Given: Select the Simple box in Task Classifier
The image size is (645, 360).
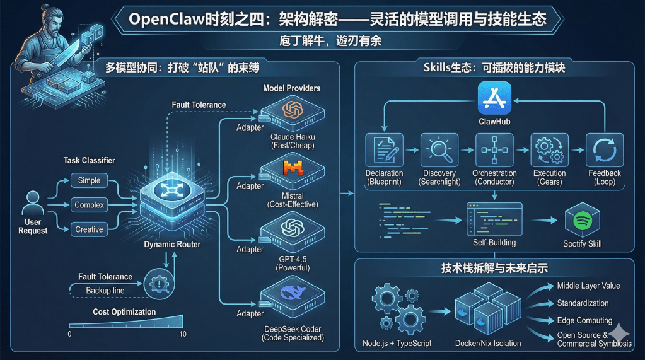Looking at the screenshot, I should [89, 180].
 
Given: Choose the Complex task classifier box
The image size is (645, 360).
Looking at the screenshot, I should [89, 205].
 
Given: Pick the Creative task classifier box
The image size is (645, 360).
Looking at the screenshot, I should [89, 229].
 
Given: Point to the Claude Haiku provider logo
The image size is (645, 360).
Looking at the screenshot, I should [293, 110].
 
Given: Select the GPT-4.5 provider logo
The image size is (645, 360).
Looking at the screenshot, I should [293, 227].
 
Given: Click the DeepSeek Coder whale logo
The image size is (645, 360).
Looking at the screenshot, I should [293, 291].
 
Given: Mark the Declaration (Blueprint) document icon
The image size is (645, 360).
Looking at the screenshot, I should [384, 150].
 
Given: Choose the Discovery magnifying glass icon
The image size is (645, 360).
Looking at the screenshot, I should [439, 150].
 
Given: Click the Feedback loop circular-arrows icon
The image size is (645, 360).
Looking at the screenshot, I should [604, 150].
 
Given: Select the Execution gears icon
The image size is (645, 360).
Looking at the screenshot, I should [549, 150].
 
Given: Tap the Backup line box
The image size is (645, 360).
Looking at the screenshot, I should [105, 290].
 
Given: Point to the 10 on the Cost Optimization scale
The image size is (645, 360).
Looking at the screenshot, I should [183, 334].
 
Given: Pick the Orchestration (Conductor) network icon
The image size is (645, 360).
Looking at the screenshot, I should [494, 150].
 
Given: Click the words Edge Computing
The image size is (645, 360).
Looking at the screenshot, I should [584, 320].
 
